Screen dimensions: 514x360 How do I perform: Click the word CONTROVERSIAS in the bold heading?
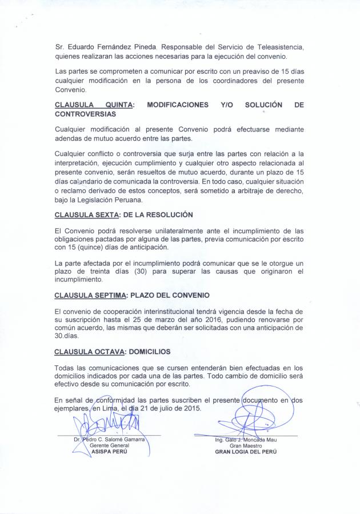click(x=85, y=115)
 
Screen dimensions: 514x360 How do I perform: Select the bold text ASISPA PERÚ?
click(x=106, y=451)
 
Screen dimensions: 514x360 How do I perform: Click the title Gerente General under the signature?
click(x=105, y=445)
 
